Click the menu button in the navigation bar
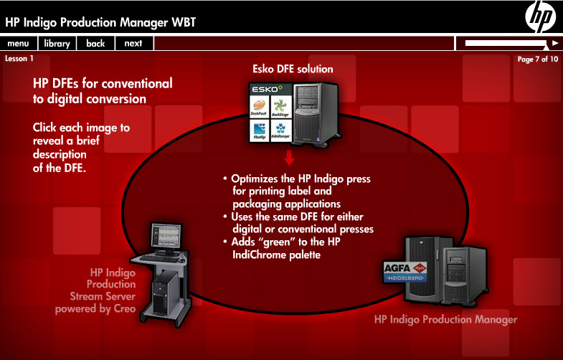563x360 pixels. [18, 44]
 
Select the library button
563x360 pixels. [56, 44]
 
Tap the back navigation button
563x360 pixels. [95, 44]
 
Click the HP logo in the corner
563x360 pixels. [540, 17]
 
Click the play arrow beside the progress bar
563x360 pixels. [554, 43]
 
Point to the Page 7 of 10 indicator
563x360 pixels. [537, 59]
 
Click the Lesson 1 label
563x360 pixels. [19, 59]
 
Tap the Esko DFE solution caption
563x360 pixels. [293, 70]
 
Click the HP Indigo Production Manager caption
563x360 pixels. [445, 319]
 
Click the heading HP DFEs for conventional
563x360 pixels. [103, 83]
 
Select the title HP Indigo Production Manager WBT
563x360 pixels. [100, 22]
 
